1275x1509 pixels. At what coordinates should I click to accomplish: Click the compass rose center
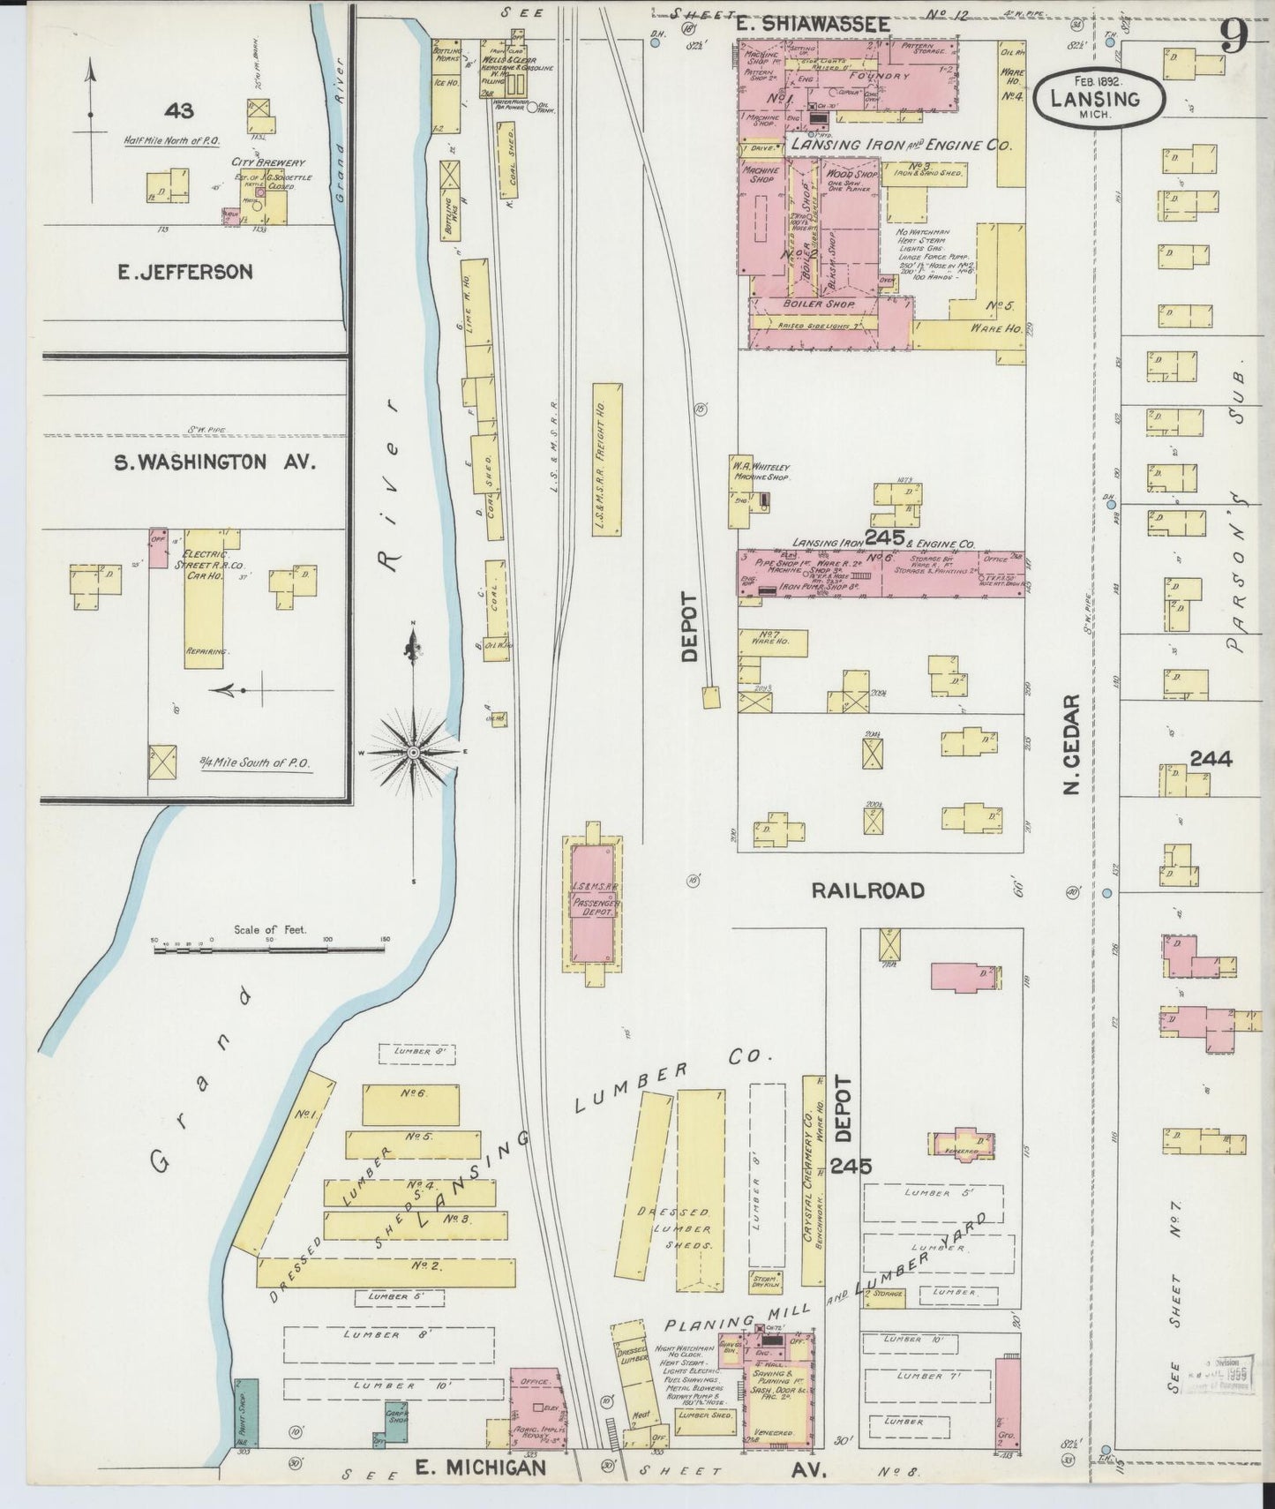pyautogui.click(x=414, y=752)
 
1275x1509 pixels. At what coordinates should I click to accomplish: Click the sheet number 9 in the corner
pyautogui.click(x=1234, y=36)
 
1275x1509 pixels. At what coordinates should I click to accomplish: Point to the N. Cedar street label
pyautogui.click(x=1072, y=743)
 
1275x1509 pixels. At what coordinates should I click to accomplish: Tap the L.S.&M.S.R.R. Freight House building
pyautogui.click(x=607, y=459)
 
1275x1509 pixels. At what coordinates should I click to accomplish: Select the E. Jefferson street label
pyautogui.click(x=185, y=272)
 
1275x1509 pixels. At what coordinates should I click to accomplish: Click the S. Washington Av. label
pyautogui.click(x=215, y=462)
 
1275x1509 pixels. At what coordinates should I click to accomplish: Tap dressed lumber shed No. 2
pyautogui.click(x=386, y=1273)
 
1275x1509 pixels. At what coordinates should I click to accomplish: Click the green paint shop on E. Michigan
pyautogui.click(x=246, y=1412)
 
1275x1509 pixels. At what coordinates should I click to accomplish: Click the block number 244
pyautogui.click(x=1211, y=758)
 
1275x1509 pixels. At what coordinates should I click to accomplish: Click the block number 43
pyautogui.click(x=178, y=110)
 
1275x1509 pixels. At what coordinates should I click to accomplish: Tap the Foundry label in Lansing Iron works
pyautogui.click(x=879, y=77)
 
